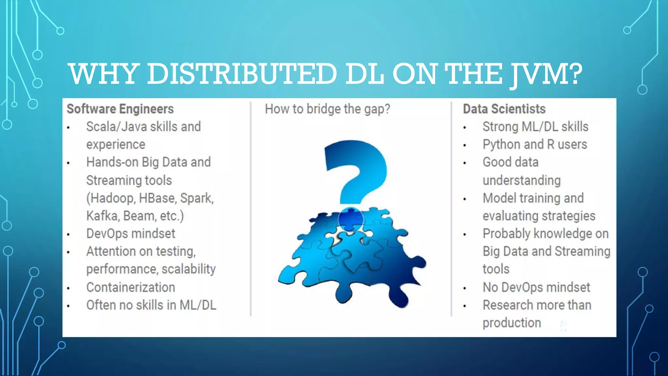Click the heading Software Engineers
[120, 109]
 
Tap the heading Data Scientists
[504, 109]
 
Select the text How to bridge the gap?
[327, 109]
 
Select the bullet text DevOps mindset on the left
[130, 234]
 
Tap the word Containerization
[130, 288]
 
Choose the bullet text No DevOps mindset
[536, 288]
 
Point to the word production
[512, 323]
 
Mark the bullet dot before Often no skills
[68, 306]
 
